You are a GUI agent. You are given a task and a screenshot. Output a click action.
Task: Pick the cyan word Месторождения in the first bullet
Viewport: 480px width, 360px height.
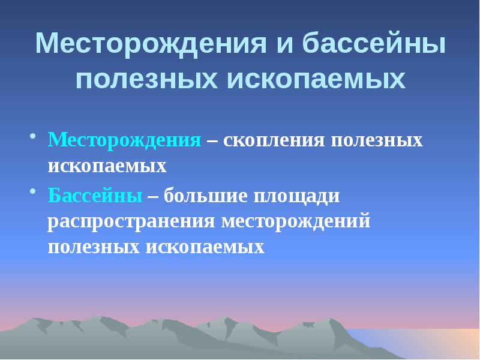click(x=124, y=140)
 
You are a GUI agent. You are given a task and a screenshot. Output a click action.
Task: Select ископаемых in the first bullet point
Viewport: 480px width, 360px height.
click(x=107, y=165)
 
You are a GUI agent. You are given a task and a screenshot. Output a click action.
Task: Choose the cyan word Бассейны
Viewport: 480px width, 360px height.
click(x=95, y=196)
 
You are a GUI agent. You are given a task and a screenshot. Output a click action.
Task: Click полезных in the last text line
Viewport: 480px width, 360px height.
click(x=93, y=247)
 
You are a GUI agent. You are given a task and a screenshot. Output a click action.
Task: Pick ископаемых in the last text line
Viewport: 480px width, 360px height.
click(x=204, y=247)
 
